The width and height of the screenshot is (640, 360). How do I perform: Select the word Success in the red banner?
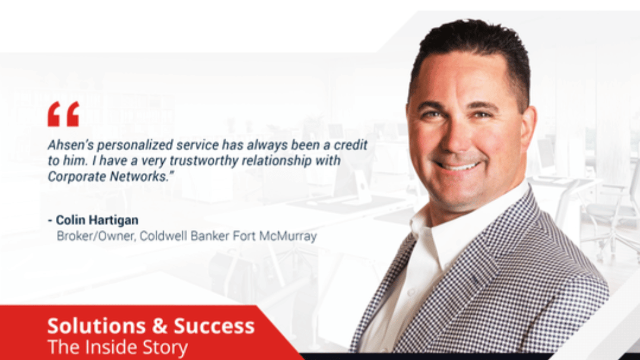(214, 326)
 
